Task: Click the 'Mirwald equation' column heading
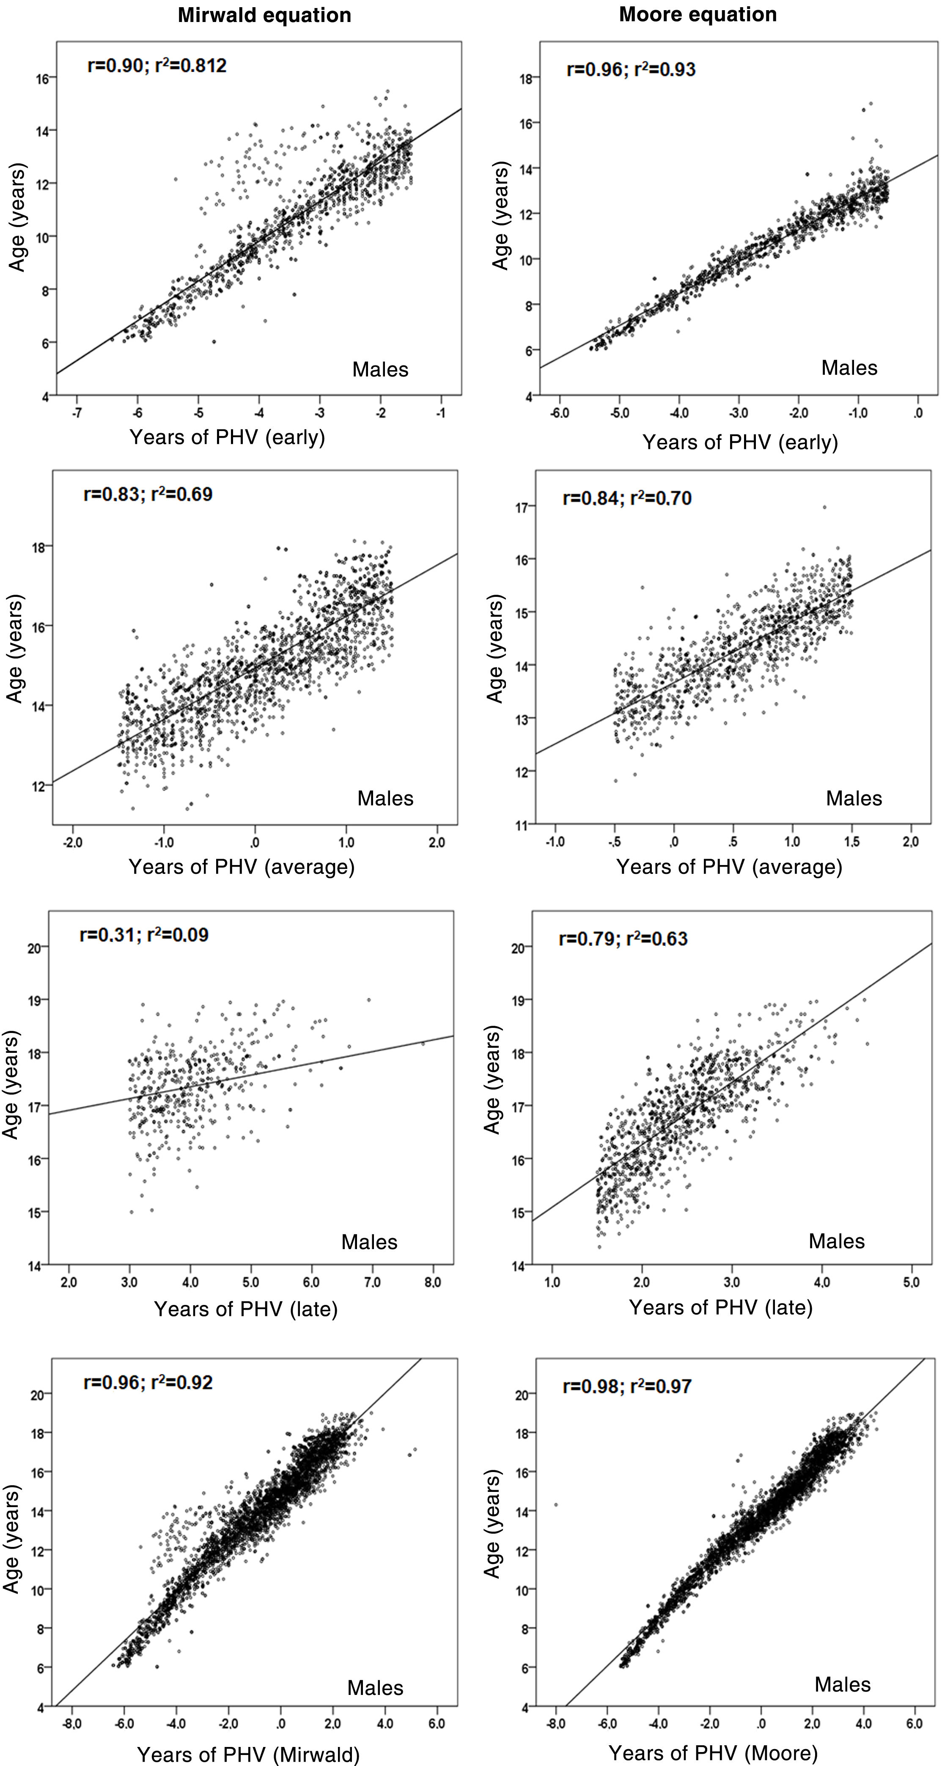pos(265,16)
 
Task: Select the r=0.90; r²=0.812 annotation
pos(157,66)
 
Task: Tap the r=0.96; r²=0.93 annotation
pos(631,69)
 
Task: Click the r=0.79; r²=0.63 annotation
pos(623,939)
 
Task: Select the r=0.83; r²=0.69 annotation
pos(148,494)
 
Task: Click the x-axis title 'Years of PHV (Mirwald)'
pos(248,1754)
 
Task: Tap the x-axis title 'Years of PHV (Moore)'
pos(713,1753)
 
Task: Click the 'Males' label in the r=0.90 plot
pos(380,370)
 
